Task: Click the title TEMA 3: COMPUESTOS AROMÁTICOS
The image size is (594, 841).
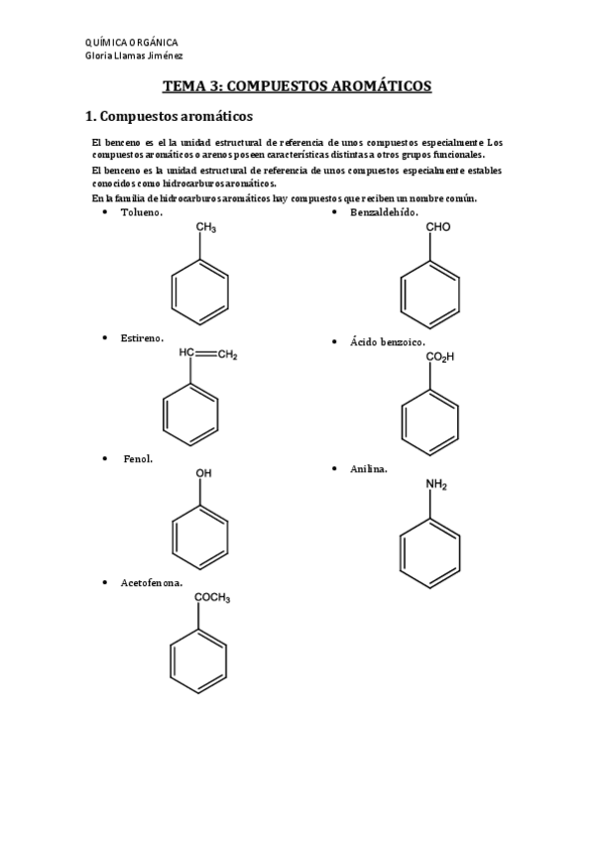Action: point(297,86)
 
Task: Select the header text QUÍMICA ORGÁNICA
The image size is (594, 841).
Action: point(133,43)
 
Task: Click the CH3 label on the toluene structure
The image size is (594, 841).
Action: point(206,228)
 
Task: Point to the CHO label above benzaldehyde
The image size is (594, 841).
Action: point(438,227)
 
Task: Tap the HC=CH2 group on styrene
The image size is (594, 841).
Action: point(208,353)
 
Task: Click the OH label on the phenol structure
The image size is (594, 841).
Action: point(203,474)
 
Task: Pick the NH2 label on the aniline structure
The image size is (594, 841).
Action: point(436,485)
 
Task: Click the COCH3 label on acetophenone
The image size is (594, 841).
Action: point(212,597)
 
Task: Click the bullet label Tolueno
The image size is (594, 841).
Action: point(142,212)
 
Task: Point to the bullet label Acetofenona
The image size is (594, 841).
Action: point(151,582)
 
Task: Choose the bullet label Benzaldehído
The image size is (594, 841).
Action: point(384,212)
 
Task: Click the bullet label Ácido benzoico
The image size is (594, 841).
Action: point(387,341)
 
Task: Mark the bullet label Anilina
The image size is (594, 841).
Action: point(368,468)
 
